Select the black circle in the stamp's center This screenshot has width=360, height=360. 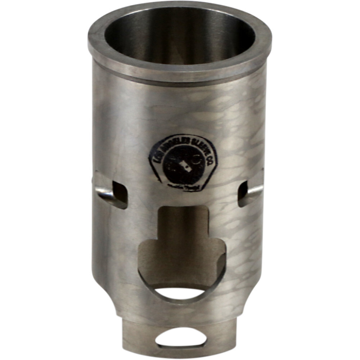pyautogui.click(x=183, y=166)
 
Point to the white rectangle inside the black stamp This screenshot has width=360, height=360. pyautogui.click(x=185, y=166)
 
